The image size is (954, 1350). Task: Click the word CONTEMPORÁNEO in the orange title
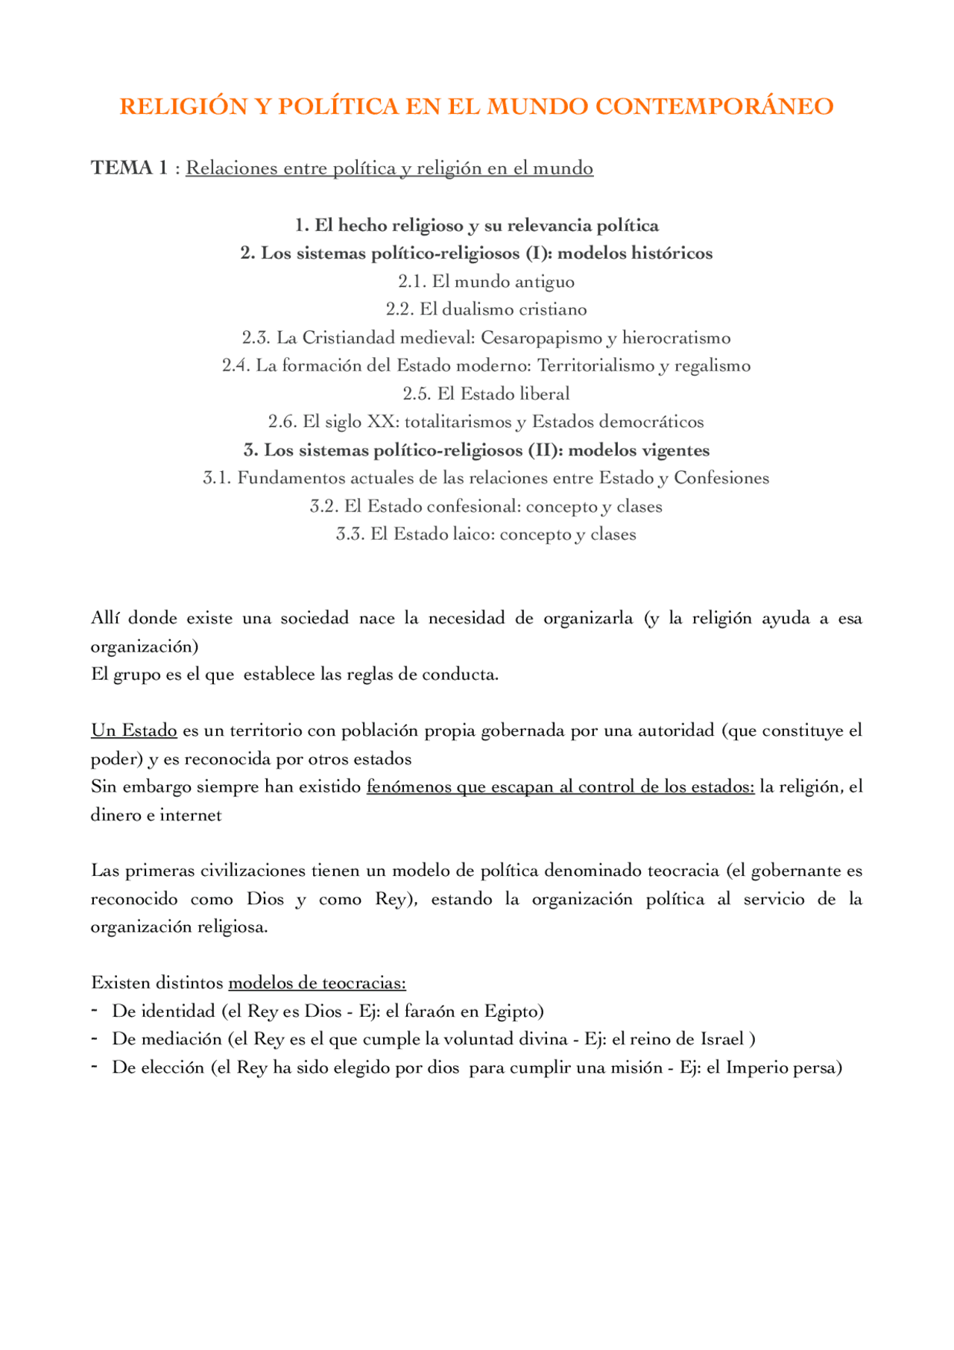(714, 107)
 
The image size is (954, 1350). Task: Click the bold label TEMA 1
(129, 168)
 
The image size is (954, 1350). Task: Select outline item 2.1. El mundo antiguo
(486, 282)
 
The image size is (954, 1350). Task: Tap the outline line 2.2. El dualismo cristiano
(486, 309)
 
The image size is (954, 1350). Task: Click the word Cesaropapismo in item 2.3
(540, 338)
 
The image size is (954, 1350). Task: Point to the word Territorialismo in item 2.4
(596, 366)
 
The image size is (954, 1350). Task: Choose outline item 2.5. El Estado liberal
(486, 394)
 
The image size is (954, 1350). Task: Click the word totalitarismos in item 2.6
(458, 422)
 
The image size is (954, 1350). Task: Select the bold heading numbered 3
(476, 450)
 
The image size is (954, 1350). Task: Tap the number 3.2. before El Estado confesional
(324, 507)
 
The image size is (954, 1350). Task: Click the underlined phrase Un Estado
(134, 731)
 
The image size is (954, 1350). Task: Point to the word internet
(191, 815)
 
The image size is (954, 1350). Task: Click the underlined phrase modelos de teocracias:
(317, 983)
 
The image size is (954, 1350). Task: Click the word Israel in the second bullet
(721, 1039)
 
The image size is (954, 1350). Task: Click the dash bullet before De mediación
(95, 1038)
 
